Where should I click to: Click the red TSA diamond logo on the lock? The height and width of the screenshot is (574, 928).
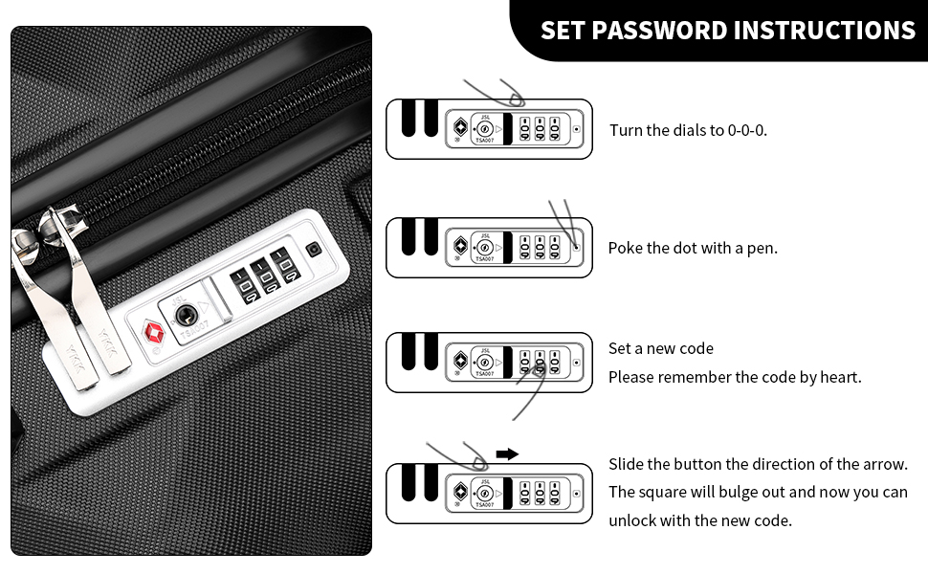tap(154, 332)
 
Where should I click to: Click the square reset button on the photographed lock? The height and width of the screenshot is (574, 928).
tap(313, 249)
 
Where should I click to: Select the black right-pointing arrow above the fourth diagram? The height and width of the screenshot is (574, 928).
tap(507, 454)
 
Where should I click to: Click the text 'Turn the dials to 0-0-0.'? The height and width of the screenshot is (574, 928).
tap(688, 130)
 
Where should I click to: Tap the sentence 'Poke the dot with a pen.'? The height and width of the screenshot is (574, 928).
tap(693, 248)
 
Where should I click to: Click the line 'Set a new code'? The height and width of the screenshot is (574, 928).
tap(660, 348)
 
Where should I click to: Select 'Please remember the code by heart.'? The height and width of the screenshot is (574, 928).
tap(735, 377)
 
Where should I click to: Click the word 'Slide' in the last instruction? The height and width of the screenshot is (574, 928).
tap(626, 464)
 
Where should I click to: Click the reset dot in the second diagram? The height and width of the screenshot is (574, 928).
tap(577, 248)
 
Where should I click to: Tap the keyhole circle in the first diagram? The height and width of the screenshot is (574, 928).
tap(484, 129)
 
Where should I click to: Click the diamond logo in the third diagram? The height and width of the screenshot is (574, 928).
tap(460, 360)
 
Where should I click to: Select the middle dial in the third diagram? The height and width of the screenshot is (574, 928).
tap(540, 363)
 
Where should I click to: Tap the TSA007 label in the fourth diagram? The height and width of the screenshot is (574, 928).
tap(485, 505)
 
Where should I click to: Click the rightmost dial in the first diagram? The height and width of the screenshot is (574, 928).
tap(555, 129)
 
